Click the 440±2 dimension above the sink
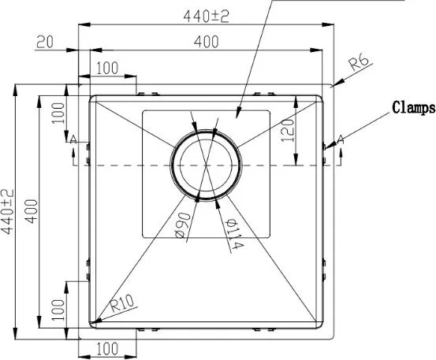coord(206,17)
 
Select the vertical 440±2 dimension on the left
coord(7,212)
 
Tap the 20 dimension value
coord(44,43)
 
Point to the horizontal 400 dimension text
coord(206,43)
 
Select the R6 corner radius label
coord(360,63)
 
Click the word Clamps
coord(413,107)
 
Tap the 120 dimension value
coord(288,131)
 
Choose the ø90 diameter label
coord(183,225)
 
